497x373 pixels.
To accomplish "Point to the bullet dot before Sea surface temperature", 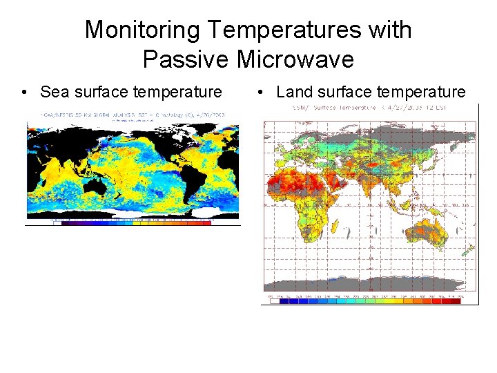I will [24, 93].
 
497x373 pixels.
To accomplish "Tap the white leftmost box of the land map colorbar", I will [275, 300].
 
